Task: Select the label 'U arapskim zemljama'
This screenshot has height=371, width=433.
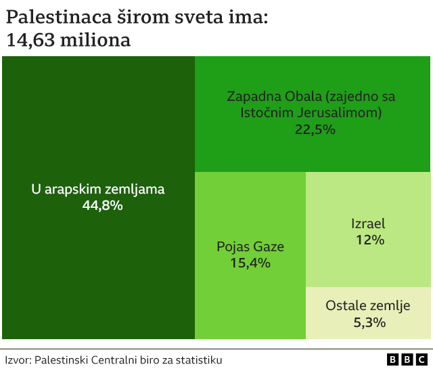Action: pos(98,190)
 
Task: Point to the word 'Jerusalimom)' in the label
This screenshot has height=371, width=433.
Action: pos(344,112)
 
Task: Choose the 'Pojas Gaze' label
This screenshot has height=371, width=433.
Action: pos(250,246)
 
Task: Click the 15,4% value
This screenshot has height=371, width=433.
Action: pos(250,263)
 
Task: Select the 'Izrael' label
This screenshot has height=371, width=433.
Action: pos(369,223)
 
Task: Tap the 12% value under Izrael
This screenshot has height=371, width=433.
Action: pos(369,240)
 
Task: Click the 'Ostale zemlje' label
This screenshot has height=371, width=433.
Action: pos(368,306)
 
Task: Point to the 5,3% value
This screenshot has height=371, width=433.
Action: pos(369,322)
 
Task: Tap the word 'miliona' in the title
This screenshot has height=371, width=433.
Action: pos(96,41)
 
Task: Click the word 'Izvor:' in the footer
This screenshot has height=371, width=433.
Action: pos(18,360)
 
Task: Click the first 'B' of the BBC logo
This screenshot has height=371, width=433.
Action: pos(392,360)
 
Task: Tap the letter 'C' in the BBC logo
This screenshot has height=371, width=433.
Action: pos(421,360)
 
